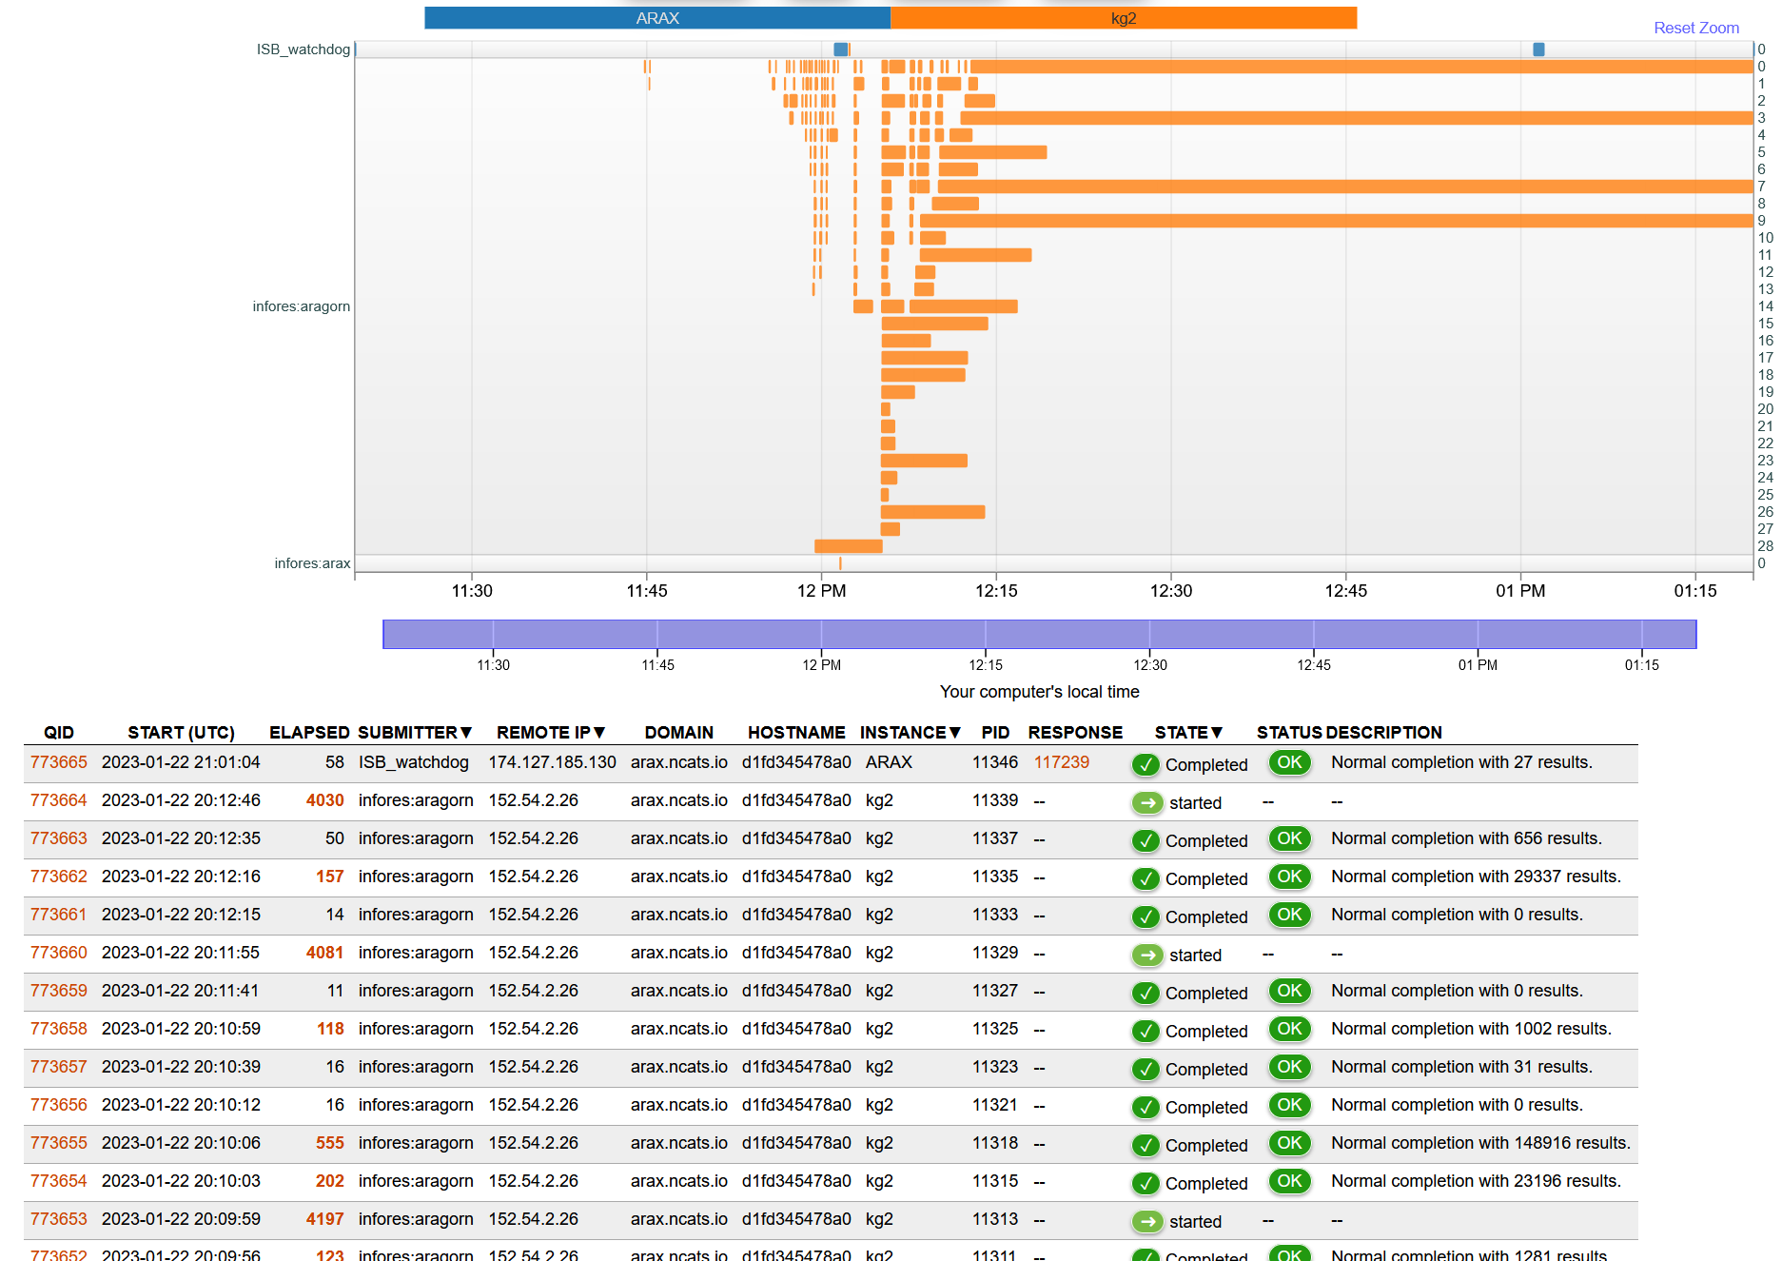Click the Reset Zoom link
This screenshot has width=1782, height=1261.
click(x=1695, y=28)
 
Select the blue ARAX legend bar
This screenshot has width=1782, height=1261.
click(x=657, y=18)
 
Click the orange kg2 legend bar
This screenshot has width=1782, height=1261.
click(x=1123, y=18)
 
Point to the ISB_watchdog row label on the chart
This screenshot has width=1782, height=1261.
click(x=303, y=49)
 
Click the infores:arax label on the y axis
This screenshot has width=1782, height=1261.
click(x=312, y=563)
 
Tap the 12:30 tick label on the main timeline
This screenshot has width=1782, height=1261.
click(x=1170, y=591)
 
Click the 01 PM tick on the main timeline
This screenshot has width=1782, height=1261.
click(x=1519, y=591)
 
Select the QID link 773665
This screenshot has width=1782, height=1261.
click(x=59, y=762)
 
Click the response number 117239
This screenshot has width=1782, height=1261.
click(x=1061, y=762)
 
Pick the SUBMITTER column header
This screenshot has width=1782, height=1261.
click(x=415, y=732)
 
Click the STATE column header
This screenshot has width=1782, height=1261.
click(x=1187, y=732)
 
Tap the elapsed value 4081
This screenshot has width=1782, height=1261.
click(x=324, y=953)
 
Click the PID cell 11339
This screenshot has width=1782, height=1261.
click(x=994, y=800)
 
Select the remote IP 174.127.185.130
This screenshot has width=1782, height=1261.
click(x=552, y=762)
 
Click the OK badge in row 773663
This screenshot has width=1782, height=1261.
click(x=1289, y=838)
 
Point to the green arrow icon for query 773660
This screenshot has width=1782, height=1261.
click(x=1147, y=955)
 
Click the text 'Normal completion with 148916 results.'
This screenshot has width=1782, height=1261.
click(x=1480, y=1143)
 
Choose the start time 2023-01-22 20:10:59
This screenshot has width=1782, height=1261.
click(x=181, y=1029)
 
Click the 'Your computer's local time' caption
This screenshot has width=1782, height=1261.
click(x=1039, y=692)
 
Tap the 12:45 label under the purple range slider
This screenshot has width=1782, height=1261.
click(x=1313, y=665)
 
